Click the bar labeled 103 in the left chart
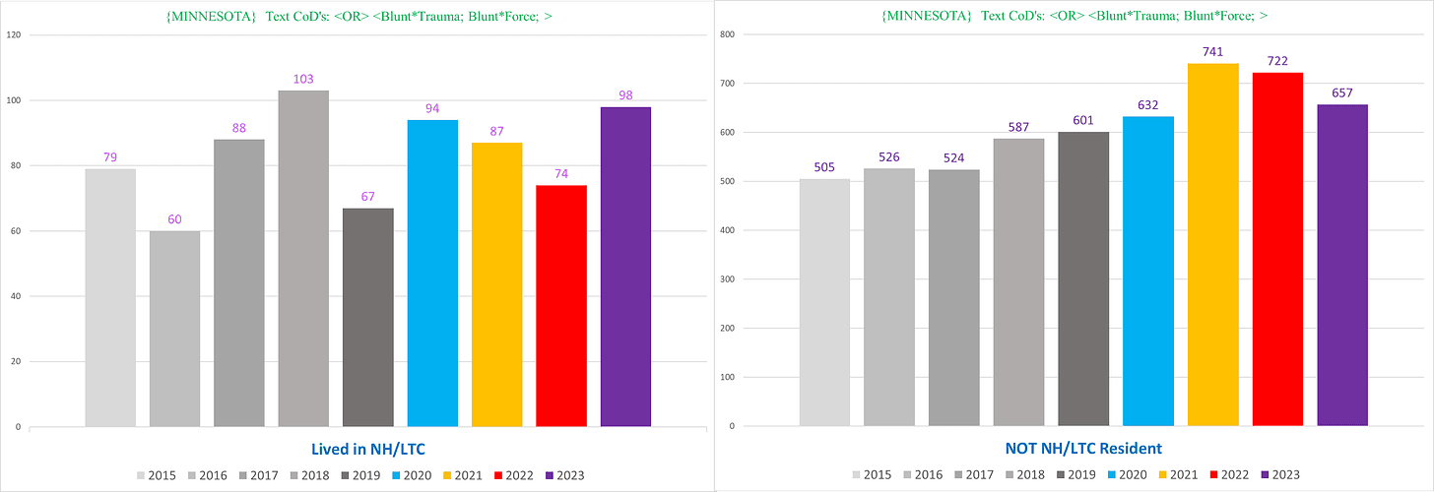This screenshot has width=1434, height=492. pos(303,259)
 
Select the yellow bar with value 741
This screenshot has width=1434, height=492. pos(1213,244)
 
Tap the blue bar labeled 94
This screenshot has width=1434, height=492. pos(432,274)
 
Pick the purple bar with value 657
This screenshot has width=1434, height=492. pos(1342,266)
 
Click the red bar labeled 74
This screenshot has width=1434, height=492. pos(561,306)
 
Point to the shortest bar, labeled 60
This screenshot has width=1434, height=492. pos(174,329)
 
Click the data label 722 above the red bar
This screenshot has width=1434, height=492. pos(1277,61)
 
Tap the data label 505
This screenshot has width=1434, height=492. pos(824,167)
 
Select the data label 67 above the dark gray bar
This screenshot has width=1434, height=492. pos(367,197)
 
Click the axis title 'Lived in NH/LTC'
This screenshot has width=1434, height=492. pos(368,449)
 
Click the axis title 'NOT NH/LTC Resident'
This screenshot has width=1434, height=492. pos(1083,449)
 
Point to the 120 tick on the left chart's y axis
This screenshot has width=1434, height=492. pos(14,34)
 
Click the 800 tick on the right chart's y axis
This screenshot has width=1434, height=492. pos(727,34)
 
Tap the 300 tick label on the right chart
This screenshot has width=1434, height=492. pos(727,278)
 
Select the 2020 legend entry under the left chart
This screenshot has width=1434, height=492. pos(412,475)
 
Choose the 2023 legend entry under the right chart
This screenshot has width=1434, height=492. pos(1280,474)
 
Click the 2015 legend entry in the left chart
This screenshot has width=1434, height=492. pos(157,475)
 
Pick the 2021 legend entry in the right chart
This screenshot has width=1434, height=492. pos(1178,474)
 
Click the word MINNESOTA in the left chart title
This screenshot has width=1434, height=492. pos(211,17)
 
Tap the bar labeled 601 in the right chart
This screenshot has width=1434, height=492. pos(1083,278)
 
